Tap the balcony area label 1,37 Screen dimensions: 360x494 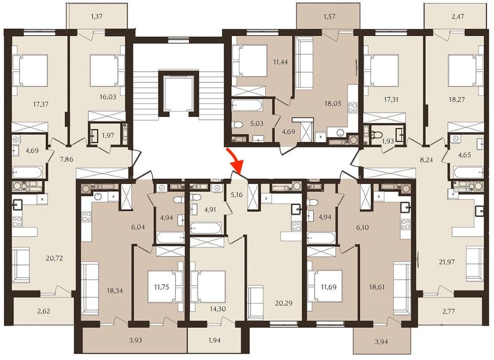[x=97, y=17]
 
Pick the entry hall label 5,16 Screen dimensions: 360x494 [x=236, y=195]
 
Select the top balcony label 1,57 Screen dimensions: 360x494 [x=330, y=17]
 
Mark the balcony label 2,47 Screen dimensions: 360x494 [x=457, y=17]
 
